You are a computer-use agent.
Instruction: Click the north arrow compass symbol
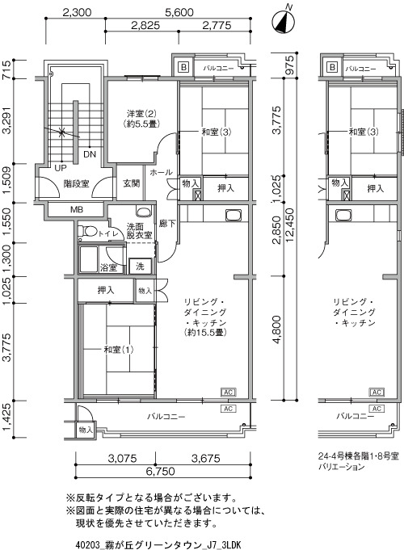pyautogui.click(x=284, y=21)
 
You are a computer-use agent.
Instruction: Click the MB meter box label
pyautogui.click(x=77, y=210)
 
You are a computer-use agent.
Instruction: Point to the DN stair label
pyautogui.click(x=90, y=154)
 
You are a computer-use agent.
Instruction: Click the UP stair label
pyautogui.click(x=61, y=168)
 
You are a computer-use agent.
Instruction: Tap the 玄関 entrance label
pyautogui.click(x=132, y=183)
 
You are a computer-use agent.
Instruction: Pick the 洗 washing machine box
pyautogui.click(x=140, y=267)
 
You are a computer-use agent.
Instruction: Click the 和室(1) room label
pyautogui.click(x=119, y=350)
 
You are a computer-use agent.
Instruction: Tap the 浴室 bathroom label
pyautogui.click(x=108, y=267)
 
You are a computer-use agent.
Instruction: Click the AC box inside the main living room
pyautogui.click(x=229, y=392)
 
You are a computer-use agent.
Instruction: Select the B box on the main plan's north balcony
pyautogui.click(x=183, y=67)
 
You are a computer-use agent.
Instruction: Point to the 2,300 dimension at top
pyautogui.click(x=77, y=13)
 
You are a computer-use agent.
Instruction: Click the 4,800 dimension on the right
pyautogui.click(x=276, y=330)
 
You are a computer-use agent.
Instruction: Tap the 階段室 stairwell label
pyautogui.click(x=76, y=183)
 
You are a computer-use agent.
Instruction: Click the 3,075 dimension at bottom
pyautogui.click(x=122, y=458)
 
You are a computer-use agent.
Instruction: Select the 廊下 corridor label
pyautogui.click(x=167, y=224)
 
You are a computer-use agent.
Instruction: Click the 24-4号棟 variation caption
pyautogui.click(x=359, y=461)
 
